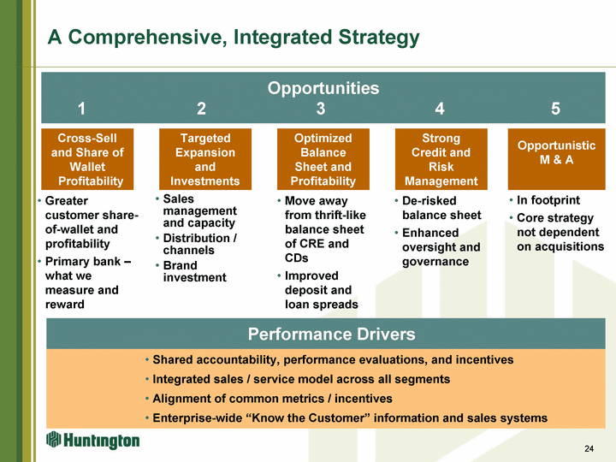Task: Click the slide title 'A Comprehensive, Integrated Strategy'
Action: (x=234, y=38)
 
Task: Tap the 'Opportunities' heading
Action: (x=323, y=88)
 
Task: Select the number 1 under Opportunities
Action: (x=81, y=109)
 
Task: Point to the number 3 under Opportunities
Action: (x=320, y=109)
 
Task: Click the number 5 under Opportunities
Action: (x=556, y=109)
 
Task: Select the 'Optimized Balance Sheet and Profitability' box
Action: (x=323, y=159)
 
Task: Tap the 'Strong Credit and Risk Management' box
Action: (x=441, y=159)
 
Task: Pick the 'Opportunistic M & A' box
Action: (x=556, y=152)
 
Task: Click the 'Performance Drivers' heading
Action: (x=331, y=334)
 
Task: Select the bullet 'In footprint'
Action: (x=548, y=200)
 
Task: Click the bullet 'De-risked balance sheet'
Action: (x=441, y=208)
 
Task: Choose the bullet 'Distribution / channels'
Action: (x=199, y=244)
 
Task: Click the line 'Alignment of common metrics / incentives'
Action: (x=272, y=399)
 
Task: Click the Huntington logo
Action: (x=93, y=440)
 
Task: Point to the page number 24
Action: (x=589, y=449)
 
